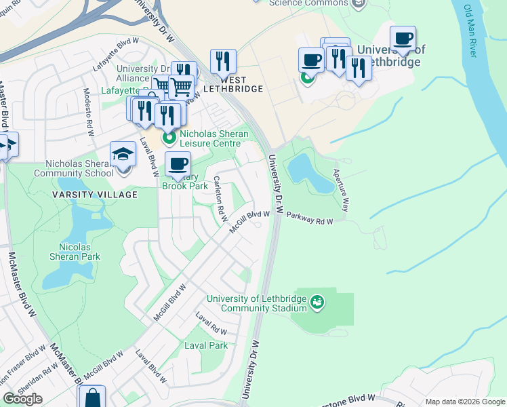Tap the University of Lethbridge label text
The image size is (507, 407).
(390, 56)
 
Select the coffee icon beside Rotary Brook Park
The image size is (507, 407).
(178, 164)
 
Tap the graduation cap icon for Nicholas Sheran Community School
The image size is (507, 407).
(123, 154)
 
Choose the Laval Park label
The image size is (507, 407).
(206, 345)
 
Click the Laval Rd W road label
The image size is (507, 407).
(211, 324)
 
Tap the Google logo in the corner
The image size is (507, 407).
(22, 399)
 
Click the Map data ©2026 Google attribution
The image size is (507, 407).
(465, 402)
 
